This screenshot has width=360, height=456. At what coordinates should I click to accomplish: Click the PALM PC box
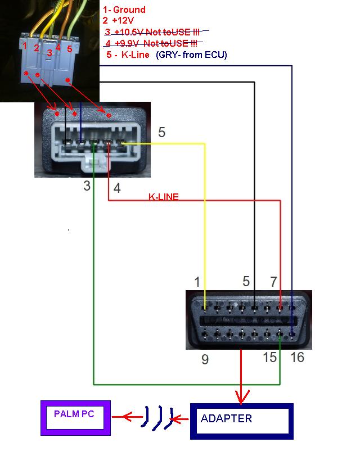pos(75,417)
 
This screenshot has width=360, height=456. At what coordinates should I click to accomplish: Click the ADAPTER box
pos(242,421)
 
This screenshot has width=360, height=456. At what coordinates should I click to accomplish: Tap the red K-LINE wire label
pos(164,197)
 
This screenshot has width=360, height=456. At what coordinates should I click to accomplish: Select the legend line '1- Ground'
pos(124,10)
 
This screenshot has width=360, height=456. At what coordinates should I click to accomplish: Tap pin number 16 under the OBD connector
pos(297,357)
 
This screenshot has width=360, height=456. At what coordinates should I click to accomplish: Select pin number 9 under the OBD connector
pos(205,359)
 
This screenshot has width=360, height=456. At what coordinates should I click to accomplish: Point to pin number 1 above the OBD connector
pos(197,281)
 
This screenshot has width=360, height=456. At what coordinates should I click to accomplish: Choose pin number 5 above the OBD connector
pos(246,281)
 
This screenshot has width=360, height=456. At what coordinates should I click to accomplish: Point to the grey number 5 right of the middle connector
pos(161,133)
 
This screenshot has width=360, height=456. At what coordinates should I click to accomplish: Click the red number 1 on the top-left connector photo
pos(24,44)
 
